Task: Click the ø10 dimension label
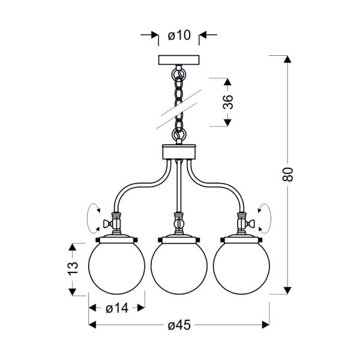click(179, 35)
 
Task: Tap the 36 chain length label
click(228, 101)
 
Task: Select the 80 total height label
click(287, 175)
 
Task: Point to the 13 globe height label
click(73, 268)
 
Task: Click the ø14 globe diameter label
click(117, 308)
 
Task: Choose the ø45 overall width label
click(179, 325)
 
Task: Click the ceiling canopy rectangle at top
click(179, 59)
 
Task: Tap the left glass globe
click(116, 266)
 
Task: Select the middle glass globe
click(179, 266)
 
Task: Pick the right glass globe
click(242, 266)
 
